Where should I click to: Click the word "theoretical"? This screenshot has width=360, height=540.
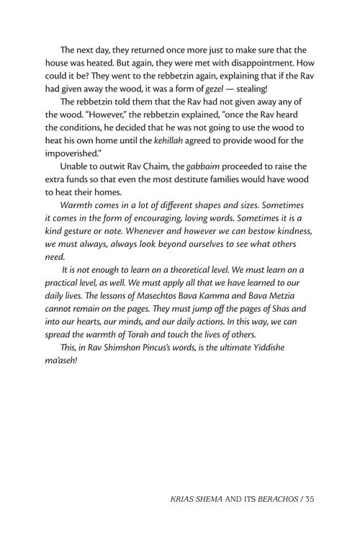pos(207,289)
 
